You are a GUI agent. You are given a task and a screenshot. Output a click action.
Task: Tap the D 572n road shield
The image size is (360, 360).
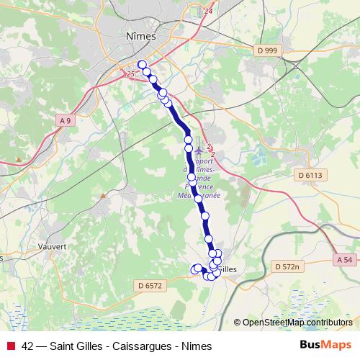click(286, 266)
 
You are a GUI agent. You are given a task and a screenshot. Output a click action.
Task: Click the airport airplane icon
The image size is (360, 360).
click(199, 149)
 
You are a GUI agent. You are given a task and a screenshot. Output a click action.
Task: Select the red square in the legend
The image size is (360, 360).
click(11, 346)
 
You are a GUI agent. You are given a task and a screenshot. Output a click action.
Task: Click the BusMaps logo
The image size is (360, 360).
click(325, 346)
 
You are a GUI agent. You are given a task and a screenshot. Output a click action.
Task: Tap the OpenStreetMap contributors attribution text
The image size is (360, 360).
click(297, 323)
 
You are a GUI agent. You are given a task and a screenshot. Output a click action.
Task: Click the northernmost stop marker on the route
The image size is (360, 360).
click(143, 65)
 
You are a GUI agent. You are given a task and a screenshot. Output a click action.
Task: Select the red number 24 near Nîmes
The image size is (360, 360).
click(210, 12)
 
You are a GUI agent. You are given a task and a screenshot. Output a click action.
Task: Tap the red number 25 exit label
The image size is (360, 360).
click(130, 74)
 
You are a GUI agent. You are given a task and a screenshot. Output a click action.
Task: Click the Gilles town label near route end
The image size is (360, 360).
click(228, 269)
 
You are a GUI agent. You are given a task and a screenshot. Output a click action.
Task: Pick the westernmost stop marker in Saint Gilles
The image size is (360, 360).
click(194, 269)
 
